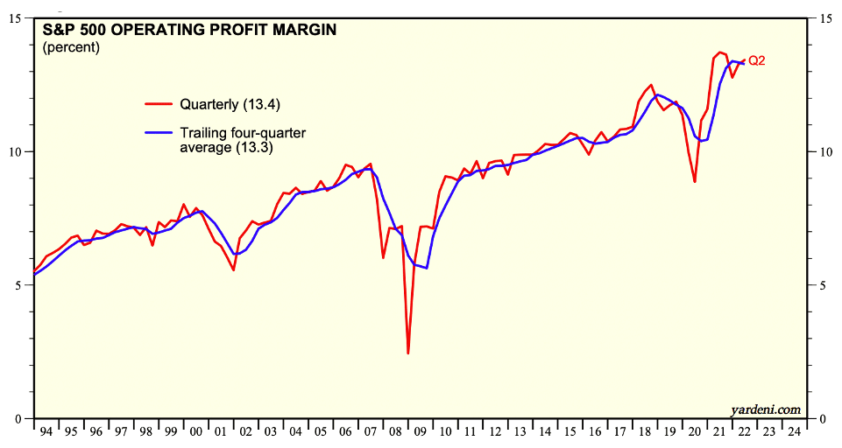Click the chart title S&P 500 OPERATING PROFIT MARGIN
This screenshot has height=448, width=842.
point(189,30)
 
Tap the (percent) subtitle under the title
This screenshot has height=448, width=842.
point(71,47)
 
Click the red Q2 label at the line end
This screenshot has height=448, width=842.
point(757,60)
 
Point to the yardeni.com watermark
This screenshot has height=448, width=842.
point(765,409)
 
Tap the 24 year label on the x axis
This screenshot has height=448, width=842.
point(794,432)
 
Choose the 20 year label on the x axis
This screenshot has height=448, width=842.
point(695,432)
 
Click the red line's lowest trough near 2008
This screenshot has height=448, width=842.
point(408,353)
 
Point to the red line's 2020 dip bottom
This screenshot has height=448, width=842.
point(695,182)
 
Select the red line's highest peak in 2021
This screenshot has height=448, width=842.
point(720,52)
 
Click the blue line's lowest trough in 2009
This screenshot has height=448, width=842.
point(427,268)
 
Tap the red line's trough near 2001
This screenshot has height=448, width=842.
point(234,270)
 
